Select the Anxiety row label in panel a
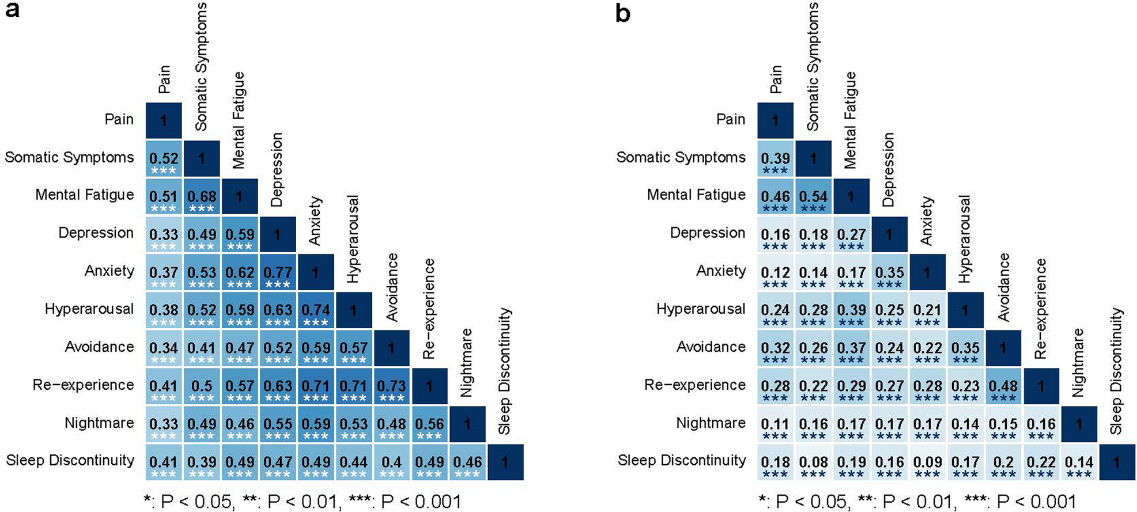(x=109, y=271)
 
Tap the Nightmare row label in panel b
(x=711, y=423)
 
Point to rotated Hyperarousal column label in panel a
(x=353, y=239)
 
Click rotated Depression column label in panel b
(x=888, y=170)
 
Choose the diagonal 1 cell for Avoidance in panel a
(x=391, y=348)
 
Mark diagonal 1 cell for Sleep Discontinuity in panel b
(x=1116, y=462)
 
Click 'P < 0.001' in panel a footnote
(x=421, y=502)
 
